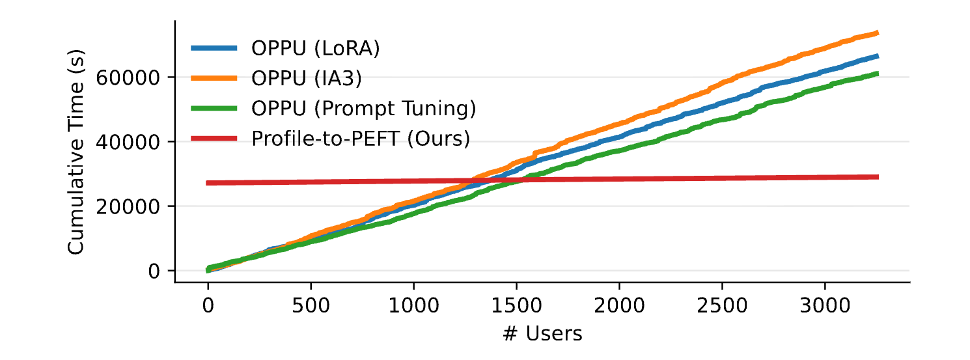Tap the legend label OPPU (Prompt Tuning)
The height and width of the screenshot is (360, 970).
365,109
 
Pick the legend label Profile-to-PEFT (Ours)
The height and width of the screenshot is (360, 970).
361,139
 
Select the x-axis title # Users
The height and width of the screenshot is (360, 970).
542,334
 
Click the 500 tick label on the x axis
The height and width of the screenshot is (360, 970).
311,305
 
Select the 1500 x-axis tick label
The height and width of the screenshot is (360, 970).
516,305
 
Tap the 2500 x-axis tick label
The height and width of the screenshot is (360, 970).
722,305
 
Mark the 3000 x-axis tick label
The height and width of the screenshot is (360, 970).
825,305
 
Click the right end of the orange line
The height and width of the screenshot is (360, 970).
878,33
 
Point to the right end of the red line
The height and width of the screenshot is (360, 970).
878,177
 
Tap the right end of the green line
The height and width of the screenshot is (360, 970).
878,74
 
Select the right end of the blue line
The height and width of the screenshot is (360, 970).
878,57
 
